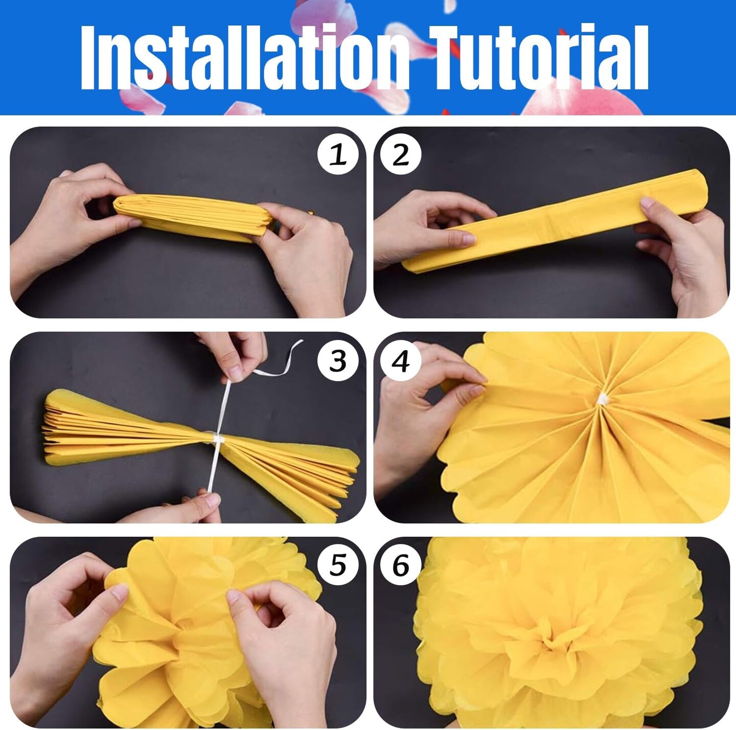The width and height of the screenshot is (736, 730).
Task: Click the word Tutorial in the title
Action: pos(538,57)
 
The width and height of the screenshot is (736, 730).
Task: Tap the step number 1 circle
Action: pos(338,154)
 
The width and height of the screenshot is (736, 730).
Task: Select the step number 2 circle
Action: pos(401,154)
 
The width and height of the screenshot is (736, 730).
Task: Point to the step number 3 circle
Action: pos(338,361)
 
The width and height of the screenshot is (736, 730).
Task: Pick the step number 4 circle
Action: pos(401,361)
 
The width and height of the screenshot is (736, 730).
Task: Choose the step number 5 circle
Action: pos(338,565)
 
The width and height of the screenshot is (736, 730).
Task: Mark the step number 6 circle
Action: pos(401,565)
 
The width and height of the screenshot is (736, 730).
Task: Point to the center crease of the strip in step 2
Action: pos(549,223)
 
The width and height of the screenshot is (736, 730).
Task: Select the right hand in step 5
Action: pos(286,644)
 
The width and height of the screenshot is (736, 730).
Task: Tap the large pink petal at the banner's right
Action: pos(583,100)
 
